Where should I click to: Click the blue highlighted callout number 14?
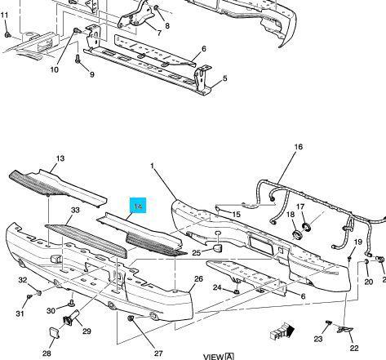139,207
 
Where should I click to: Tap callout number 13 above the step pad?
60,158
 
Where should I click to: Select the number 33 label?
75,211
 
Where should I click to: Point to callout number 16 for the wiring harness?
298,147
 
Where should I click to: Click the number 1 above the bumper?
153,167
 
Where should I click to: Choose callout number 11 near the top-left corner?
5,15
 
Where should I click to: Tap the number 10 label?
55,69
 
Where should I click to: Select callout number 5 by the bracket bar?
224,79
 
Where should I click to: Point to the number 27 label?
158,353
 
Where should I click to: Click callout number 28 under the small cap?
47,353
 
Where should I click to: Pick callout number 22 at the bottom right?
354,348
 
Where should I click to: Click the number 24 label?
216,287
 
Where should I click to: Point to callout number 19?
357,242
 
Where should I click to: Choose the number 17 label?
300,207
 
